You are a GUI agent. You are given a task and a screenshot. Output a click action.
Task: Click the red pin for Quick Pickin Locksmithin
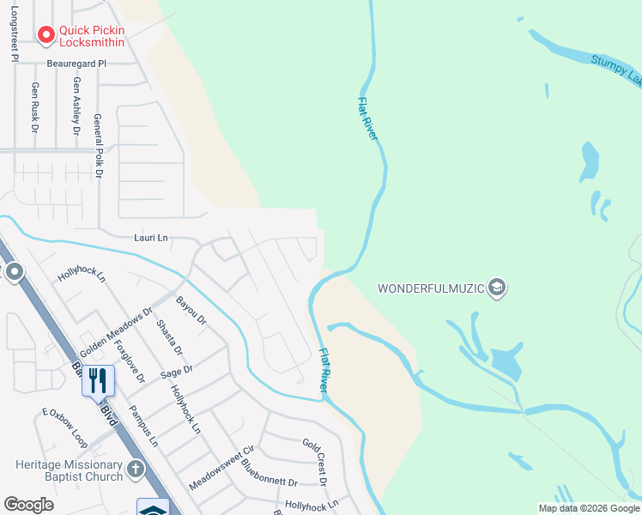pos(46,34)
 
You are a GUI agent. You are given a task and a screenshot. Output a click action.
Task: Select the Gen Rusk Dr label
pos(35,106)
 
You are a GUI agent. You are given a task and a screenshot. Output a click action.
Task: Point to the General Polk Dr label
pos(98,146)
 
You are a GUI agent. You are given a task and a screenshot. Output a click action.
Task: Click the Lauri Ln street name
pos(149,237)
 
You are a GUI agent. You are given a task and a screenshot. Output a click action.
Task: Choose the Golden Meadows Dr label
pos(116,332)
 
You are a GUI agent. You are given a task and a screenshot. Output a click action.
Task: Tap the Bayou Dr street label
pos(191,309)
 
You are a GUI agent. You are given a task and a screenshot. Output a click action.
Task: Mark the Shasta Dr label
pos(169,338)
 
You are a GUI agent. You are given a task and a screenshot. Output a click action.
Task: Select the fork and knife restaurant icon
pos(98,379)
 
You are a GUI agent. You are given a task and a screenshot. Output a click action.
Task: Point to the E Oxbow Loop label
pos(65,427)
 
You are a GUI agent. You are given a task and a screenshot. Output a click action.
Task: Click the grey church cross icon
pos(135,469)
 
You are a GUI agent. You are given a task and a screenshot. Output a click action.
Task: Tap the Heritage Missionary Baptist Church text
pos(69,470)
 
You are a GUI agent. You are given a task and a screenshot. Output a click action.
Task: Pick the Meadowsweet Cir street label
pos(222,467)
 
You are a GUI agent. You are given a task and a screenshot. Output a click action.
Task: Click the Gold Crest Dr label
pos(314,462)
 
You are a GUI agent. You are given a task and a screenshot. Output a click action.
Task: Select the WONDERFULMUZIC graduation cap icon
pos(496,288)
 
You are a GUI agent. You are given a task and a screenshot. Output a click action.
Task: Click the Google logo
pos(29,505)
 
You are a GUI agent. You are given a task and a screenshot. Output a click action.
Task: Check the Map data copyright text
pos(588,508)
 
